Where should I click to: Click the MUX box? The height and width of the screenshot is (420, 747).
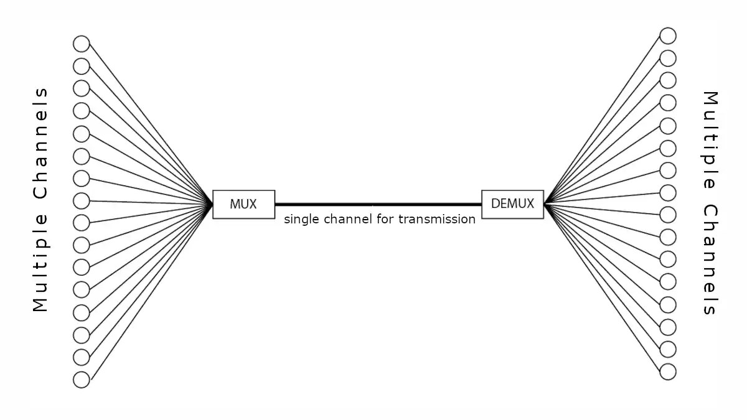(243, 203)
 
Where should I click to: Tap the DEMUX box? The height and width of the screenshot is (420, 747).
(512, 203)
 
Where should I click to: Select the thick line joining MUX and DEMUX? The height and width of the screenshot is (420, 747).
(378, 204)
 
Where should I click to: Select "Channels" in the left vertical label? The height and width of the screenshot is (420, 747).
(40, 143)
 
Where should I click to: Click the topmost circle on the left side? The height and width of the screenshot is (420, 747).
(82, 44)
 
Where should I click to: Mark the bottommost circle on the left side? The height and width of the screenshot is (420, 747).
(82, 379)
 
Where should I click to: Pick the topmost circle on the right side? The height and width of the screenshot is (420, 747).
(668, 35)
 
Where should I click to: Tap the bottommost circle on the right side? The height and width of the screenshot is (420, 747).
(668, 372)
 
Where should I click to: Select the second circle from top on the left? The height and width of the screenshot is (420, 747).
(82, 66)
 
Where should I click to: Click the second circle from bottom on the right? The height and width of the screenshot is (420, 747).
(668, 348)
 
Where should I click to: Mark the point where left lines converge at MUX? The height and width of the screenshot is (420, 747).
(212, 204)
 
